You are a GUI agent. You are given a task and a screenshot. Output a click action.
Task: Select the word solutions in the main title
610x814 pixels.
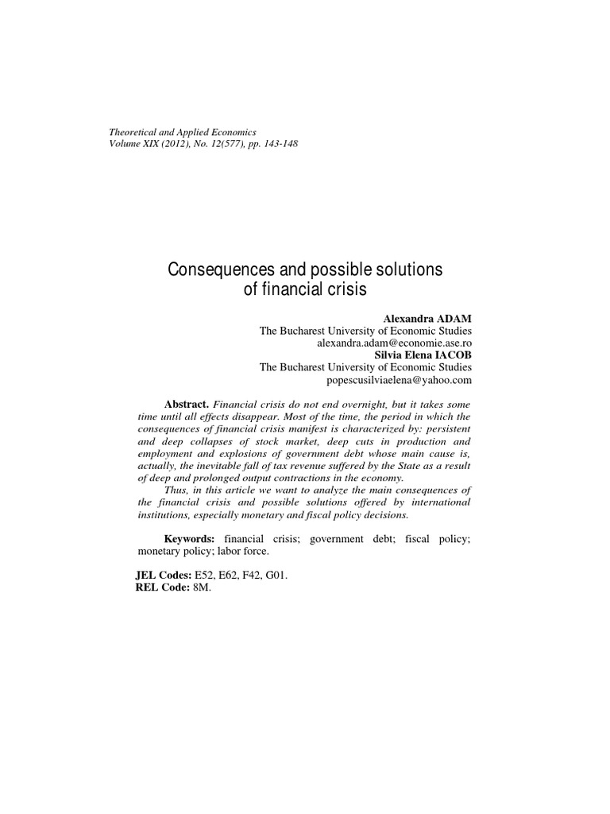click(408, 270)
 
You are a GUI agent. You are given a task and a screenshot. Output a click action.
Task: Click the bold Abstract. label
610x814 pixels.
click(187, 404)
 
